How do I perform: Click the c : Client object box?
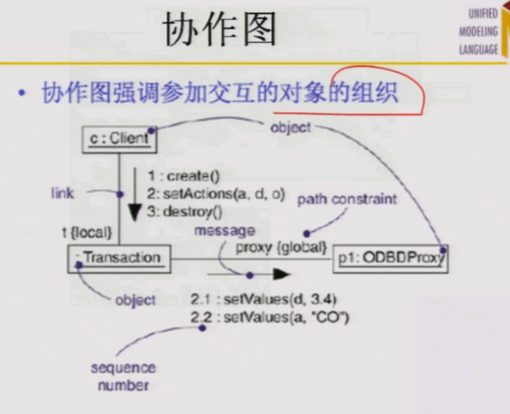(x=120, y=139)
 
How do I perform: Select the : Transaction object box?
(x=120, y=258)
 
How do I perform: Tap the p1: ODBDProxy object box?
(x=391, y=258)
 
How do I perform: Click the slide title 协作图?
(x=219, y=29)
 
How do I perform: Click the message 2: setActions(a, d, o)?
(x=215, y=194)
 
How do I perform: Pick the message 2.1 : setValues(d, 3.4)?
(x=263, y=300)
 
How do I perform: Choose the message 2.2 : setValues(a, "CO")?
(x=269, y=317)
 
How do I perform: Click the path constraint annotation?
(x=347, y=199)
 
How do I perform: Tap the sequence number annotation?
(x=123, y=376)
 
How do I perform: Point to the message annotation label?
(x=224, y=231)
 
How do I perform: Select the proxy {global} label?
(x=282, y=249)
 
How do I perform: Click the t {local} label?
(x=87, y=232)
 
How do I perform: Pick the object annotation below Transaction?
(x=135, y=300)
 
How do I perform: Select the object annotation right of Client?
(x=290, y=127)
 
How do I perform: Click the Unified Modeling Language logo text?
(x=478, y=32)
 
